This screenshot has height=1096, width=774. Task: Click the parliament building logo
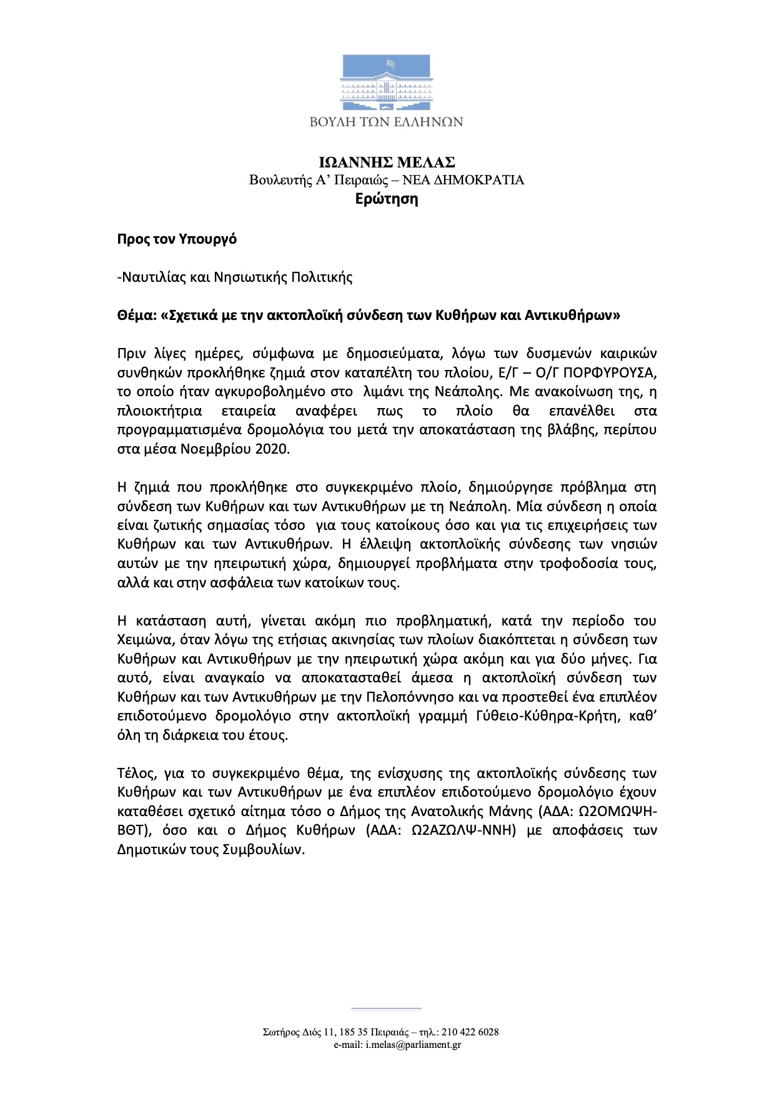click(x=386, y=82)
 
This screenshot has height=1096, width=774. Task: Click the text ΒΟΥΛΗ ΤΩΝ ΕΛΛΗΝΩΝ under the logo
click(x=386, y=122)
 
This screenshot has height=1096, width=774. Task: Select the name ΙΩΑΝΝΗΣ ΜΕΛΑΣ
click(x=387, y=162)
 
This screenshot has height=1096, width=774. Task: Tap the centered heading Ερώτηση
click(x=387, y=199)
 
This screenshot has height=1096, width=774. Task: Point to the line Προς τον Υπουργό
click(x=177, y=239)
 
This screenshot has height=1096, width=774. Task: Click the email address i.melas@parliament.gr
click(x=414, y=1045)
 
